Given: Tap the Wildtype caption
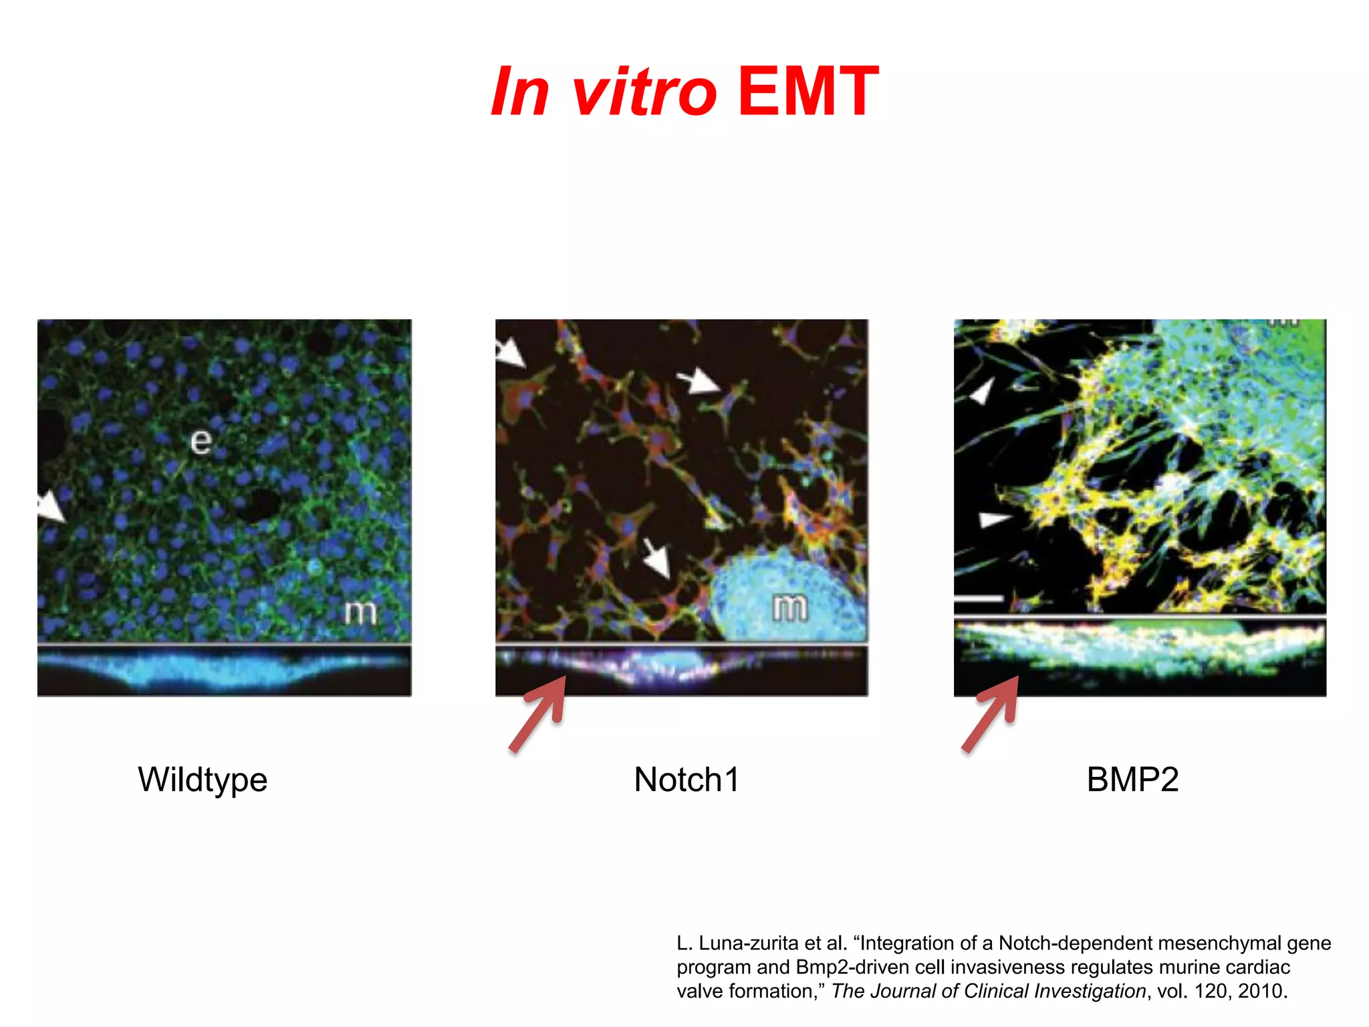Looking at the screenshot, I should (x=203, y=780).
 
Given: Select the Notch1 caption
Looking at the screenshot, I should (x=687, y=780).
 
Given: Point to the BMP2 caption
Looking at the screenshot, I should (x=1132, y=780).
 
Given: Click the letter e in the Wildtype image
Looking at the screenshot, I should (x=201, y=441).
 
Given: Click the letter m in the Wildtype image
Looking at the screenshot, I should (x=360, y=612).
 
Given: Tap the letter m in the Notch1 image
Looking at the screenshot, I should (x=789, y=607).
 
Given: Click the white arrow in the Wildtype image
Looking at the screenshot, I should (x=51, y=507).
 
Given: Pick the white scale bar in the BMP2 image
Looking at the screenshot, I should (x=979, y=598).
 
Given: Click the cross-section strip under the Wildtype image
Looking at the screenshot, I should (x=224, y=670).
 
